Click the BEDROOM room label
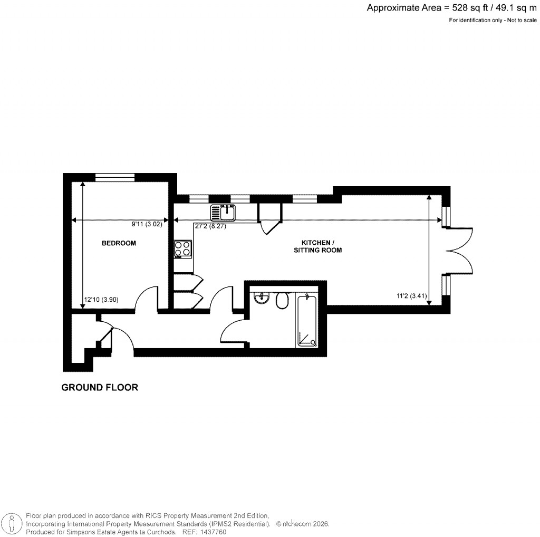(119, 243)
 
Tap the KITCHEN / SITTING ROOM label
(317, 246)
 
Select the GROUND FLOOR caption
(100, 388)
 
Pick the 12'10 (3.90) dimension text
(101, 300)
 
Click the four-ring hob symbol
(183, 248)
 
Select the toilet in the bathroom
(282, 300)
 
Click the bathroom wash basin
(261, 299)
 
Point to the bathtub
(306, 322)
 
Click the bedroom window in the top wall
(114, 177)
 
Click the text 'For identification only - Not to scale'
(493, 20)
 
